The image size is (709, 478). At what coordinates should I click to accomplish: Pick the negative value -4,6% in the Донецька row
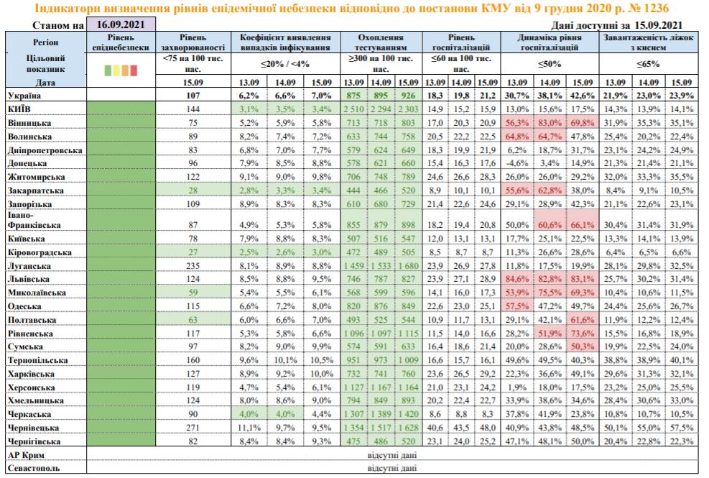tap(517, 163)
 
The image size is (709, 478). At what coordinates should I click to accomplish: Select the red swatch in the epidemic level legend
tap(134, 70)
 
